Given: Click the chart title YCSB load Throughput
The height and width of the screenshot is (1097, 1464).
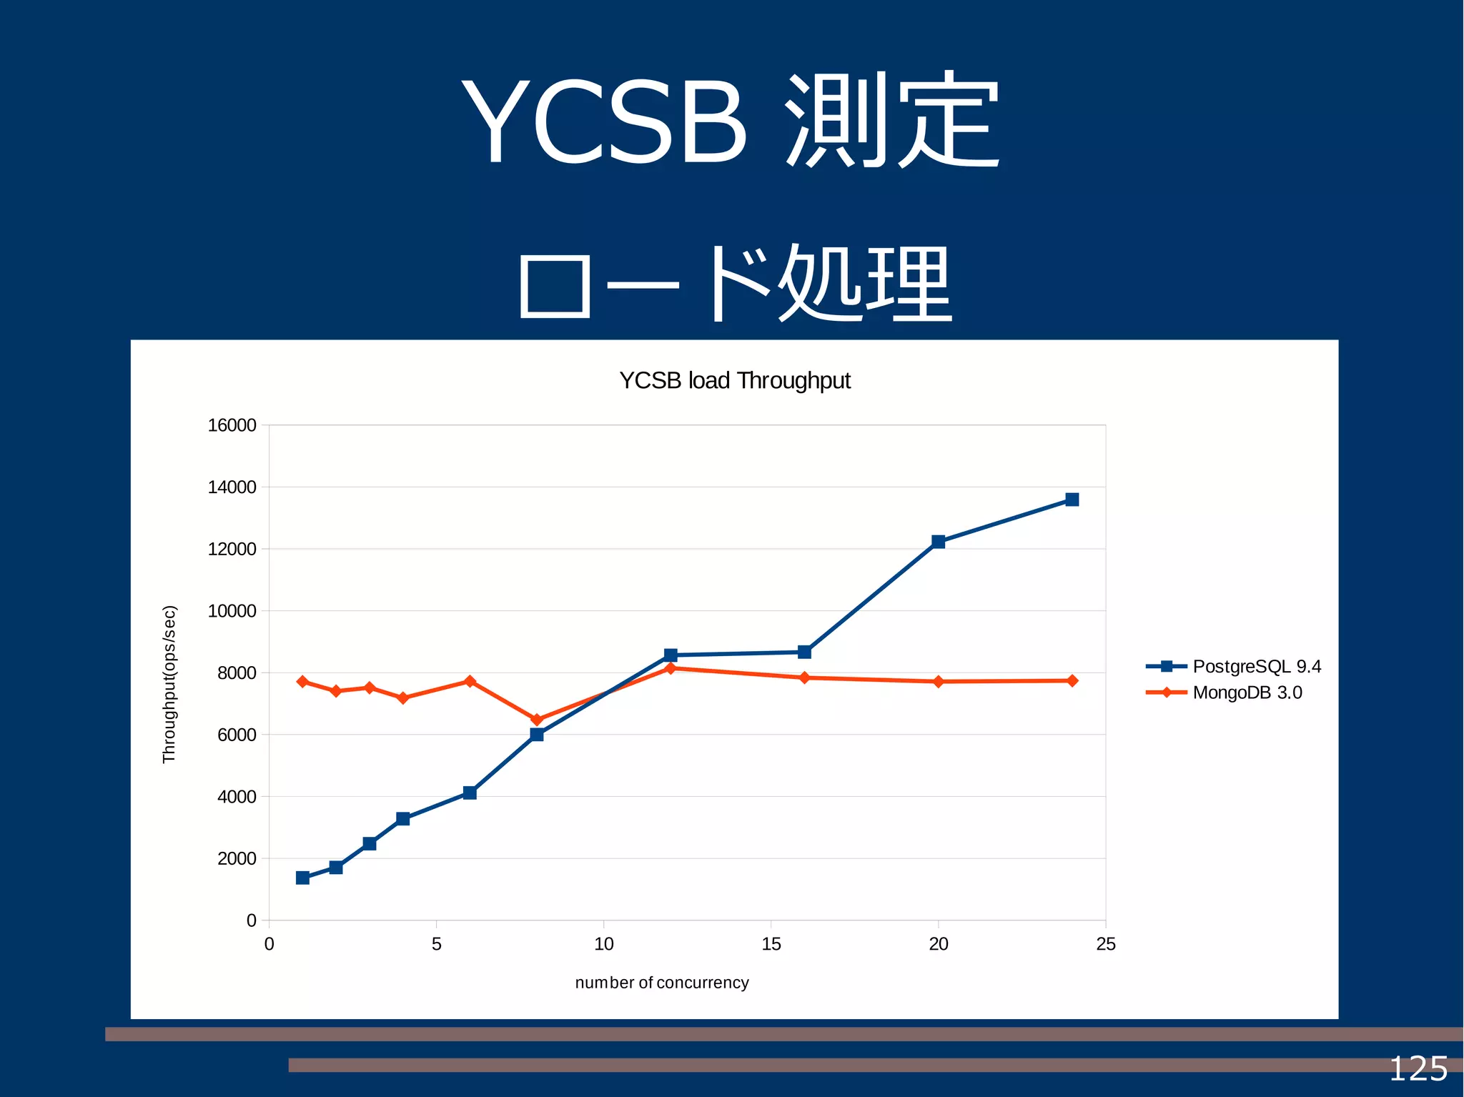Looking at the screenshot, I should (734, 381).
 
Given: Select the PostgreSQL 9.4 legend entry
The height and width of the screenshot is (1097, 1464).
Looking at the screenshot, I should (1256, 666).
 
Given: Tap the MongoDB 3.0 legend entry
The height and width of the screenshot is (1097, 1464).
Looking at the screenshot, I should (1247, 693).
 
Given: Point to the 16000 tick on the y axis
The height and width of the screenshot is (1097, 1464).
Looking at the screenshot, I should (232, 425).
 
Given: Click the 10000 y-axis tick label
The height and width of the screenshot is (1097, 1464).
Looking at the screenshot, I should (232, 611).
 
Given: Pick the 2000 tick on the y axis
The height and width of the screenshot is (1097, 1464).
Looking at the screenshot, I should (237, 858).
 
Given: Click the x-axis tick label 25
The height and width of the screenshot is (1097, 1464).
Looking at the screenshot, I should (1105, 944).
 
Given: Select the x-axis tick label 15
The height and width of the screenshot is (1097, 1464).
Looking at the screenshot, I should (771, 944).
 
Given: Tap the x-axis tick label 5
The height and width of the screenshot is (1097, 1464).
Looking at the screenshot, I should (436, 944).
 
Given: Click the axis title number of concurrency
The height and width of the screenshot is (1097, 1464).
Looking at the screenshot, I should (662, 983).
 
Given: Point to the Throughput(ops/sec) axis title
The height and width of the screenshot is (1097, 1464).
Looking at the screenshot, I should (169, 684).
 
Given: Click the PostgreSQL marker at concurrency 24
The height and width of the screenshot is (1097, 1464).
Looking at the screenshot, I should (1072, 500).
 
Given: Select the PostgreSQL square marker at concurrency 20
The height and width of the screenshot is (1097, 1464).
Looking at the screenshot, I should (938, 542).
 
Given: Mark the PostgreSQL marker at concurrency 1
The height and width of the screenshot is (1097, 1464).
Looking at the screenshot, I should (302, 878).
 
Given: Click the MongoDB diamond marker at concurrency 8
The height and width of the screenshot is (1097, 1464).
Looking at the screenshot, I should (537, 720).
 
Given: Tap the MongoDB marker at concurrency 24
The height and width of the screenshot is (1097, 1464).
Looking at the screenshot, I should (1072, 680).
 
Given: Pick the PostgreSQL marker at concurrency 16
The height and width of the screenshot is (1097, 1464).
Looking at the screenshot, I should (804, 652).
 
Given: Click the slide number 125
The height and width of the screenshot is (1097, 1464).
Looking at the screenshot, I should (1418, 1069).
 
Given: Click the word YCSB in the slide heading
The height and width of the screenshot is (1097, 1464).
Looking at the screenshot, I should (605, 121).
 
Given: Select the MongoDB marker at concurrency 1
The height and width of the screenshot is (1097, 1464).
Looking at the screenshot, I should (302, 682).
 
